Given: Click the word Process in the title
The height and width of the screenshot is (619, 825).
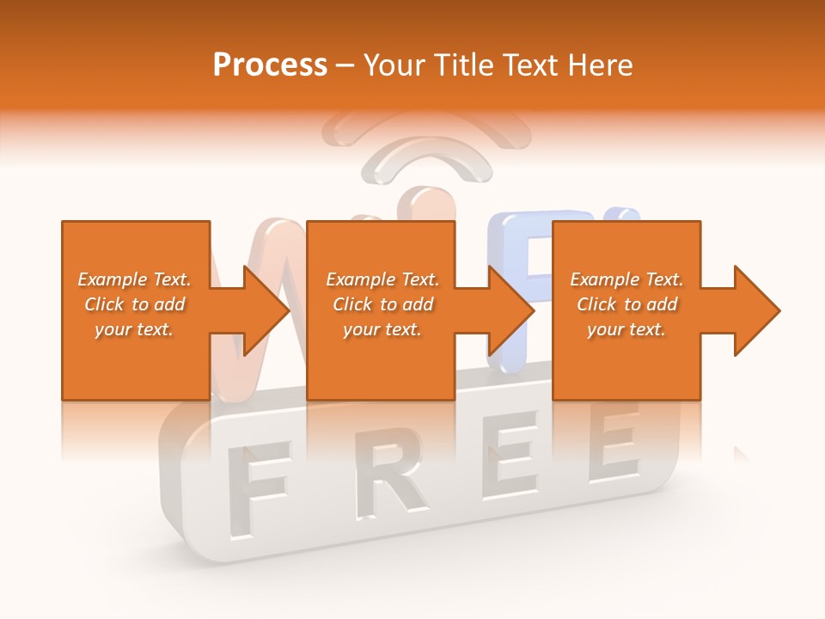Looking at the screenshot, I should (x=270, y=65).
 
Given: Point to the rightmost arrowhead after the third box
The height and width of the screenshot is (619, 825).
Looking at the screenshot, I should (x=755, y=310).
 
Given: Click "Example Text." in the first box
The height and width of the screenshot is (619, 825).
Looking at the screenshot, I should (x=134, y=279).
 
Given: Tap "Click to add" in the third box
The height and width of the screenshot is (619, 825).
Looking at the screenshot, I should (x=626, y=304).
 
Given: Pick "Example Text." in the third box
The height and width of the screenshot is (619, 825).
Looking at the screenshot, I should (x=626, y=279).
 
